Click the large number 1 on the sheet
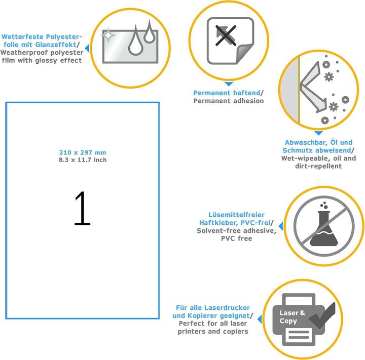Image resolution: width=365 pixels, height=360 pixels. point(83,208)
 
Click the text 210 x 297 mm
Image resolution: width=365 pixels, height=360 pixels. point(83,152)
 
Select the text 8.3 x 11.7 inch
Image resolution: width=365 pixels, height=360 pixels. point(83,160)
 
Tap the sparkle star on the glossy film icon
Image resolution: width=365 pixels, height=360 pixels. point(108,35)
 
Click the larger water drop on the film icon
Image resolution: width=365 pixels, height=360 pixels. point(135,42)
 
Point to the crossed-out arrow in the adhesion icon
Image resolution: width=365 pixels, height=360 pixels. point(225,35)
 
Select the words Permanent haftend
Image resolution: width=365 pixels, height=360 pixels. point(227,93)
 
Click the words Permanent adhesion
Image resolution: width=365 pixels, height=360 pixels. point(229,101)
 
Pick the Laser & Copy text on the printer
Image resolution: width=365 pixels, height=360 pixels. point(292,317)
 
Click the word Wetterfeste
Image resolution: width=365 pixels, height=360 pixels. point(23,37)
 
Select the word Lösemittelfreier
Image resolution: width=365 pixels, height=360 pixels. point(237,215)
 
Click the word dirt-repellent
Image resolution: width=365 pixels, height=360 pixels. point(318,166)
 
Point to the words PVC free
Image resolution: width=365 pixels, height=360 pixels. point(237,238)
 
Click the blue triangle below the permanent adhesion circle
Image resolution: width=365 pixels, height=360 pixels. point(229,84)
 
